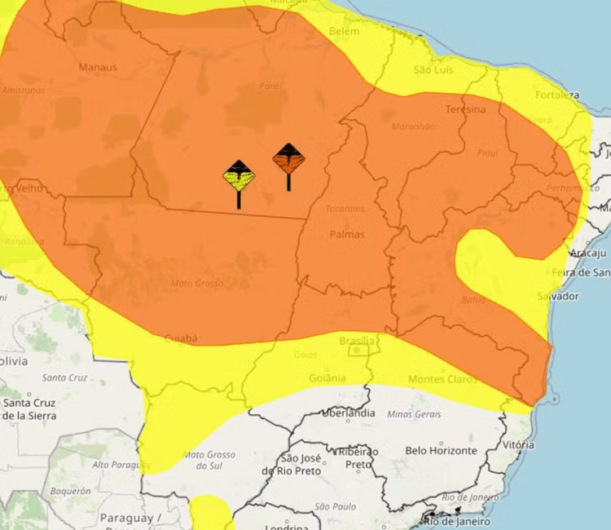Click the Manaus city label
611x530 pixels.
pyautogui.click(x=98, y=68)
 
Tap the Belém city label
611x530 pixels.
pyautogui.click(x=343, y=32)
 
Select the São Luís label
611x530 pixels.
pyautogui.click(x=433, y=70)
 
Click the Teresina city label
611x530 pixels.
pyautogui.click(x=465, y=109)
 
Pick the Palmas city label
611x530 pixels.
pyautogui.click(x=346, y=234)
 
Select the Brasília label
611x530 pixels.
pyautogui.click(x=358, y=340)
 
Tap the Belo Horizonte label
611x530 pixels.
pyautogui.click(x=441, y=450)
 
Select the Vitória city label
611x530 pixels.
pyautogui.click(x=519, y=445)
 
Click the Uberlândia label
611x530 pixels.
pyautogui.click(x=349, y=413)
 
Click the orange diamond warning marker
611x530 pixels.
pyautogui.click(x=288, y=157)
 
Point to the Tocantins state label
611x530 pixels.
pyautogui.click(x=345, y=209)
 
